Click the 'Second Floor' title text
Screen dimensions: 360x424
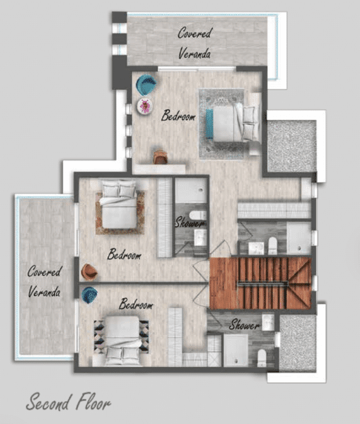point(68,403)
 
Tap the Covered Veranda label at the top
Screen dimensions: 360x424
point(194,43)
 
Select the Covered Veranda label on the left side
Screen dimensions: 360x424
point(45,281)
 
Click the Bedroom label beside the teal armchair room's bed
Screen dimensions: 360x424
point(178,115)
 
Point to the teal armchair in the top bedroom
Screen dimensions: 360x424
point(146,85)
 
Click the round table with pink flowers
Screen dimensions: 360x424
point(145,106)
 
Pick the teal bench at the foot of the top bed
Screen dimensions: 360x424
point(209,124)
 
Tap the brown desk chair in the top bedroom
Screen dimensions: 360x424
point(160,157)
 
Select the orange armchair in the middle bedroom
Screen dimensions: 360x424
point(89,272)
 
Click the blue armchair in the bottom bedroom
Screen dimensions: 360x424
point(90,295)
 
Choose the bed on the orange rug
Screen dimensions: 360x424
point(119,204)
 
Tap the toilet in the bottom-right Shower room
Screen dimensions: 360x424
point(262,358)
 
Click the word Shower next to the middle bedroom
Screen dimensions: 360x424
point(190,223)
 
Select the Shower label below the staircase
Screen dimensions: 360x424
point(244,324)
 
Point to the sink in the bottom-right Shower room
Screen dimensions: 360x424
point(268,322)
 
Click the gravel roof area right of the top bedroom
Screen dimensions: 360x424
point(292,146)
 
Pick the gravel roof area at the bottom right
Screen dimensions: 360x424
point(298,343)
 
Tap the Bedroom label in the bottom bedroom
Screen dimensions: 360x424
point(136,305)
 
